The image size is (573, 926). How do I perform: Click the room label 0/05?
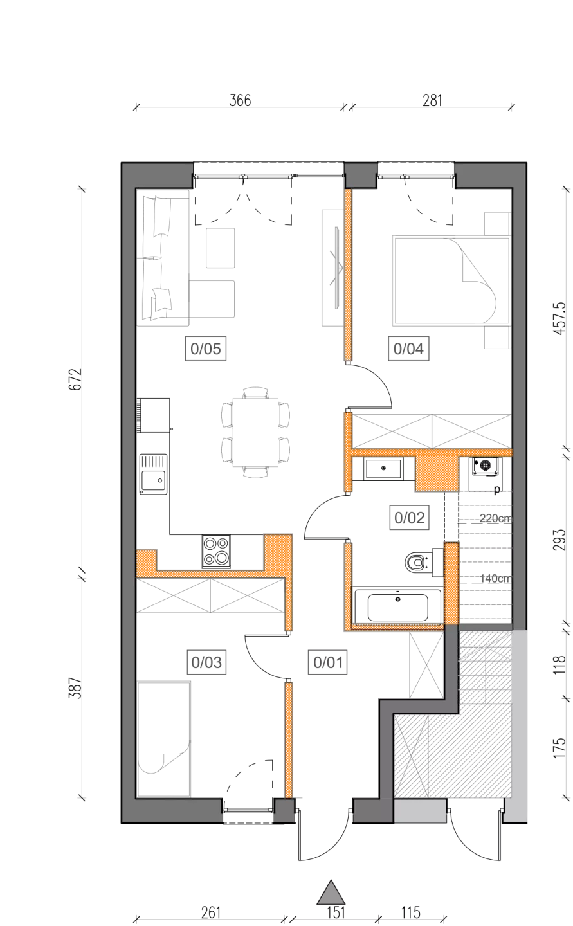coord(206,349)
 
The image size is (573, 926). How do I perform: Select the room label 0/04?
coord(408,349)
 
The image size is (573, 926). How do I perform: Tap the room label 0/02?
coord(409,518)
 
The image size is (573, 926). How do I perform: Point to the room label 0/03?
coord(206,662)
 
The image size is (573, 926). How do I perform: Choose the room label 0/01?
coord(328,662)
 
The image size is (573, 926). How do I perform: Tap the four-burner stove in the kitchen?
coord(216,552)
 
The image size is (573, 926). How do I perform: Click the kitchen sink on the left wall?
coord(153,474)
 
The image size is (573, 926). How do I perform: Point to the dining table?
coord(255,432)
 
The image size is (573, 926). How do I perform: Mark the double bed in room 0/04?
coord(451,280)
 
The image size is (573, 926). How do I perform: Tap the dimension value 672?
coord(76,379)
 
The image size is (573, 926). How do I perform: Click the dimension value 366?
coord(241,100)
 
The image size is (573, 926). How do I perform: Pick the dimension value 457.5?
coord(559,318)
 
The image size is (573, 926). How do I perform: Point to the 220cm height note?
coord(495,518)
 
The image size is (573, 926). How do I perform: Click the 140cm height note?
coord(495,578)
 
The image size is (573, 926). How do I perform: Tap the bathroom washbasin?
coord(383,469)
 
